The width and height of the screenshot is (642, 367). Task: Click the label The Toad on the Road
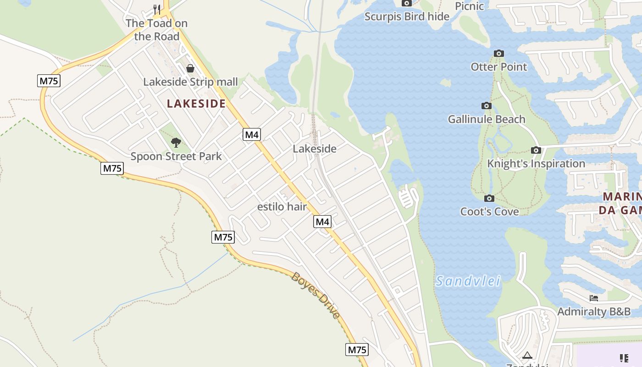coord(156,29)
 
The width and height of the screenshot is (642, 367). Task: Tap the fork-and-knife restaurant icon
coord(157,9)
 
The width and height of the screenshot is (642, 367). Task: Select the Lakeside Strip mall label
coord(190,82)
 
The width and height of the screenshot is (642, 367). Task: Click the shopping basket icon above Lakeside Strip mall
coord(190,68)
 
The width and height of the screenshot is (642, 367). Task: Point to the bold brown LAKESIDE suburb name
coord(196,104)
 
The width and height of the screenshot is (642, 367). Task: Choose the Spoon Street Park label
coord(176,156)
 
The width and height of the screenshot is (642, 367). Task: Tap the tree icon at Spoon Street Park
coord(176,143)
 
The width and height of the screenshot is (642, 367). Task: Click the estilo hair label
coord(282,206)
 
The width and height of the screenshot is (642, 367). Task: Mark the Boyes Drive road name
coord(316,295)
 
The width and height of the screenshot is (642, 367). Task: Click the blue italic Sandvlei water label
coord(468,281)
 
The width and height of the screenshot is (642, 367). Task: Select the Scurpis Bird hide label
coord(407,17)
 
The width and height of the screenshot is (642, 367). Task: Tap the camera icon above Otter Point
coord(499,54)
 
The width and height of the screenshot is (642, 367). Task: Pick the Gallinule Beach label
coord(487,119)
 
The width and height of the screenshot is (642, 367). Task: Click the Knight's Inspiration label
coord(536,164)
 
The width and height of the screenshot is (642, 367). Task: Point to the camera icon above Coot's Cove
coord(489,198)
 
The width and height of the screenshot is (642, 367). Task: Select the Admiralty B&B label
coord(594,312)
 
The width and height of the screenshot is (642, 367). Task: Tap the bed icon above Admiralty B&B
coord(594,298)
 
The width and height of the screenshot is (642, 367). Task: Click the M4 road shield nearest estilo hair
coord(322,222)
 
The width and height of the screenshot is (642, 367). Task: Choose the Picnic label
coord(469,6)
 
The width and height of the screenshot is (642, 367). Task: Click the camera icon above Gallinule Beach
coord(487,106)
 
